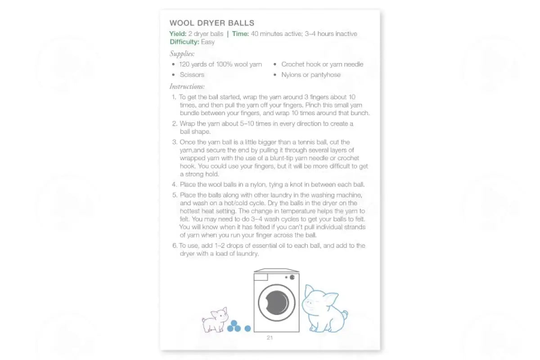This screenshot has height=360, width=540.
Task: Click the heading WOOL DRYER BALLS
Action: (211, 23)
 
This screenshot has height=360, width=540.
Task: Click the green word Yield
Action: (177, 34)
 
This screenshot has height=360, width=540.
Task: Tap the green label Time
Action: (240, 34)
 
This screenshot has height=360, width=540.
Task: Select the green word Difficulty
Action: (184, 42)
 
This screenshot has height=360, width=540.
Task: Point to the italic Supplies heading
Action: (182, 54)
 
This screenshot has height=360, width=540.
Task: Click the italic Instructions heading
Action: (187, 86)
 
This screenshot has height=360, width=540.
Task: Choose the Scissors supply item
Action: (192, 75)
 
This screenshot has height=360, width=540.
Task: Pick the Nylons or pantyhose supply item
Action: (311, 75)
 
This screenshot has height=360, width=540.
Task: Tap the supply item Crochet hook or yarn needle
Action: (322, 64)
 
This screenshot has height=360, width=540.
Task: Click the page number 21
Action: (270, 337)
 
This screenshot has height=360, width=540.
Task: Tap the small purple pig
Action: (215, 319)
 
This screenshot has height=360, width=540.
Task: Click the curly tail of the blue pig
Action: (344, 314)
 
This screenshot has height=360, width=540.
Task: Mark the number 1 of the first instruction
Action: (174, 97)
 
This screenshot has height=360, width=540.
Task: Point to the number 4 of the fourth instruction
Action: (174, 184)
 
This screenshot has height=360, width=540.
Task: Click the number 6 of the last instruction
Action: (175, 246)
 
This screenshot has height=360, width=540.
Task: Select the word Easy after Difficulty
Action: (208, 42)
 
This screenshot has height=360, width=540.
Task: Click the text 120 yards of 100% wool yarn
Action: (220, 64)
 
